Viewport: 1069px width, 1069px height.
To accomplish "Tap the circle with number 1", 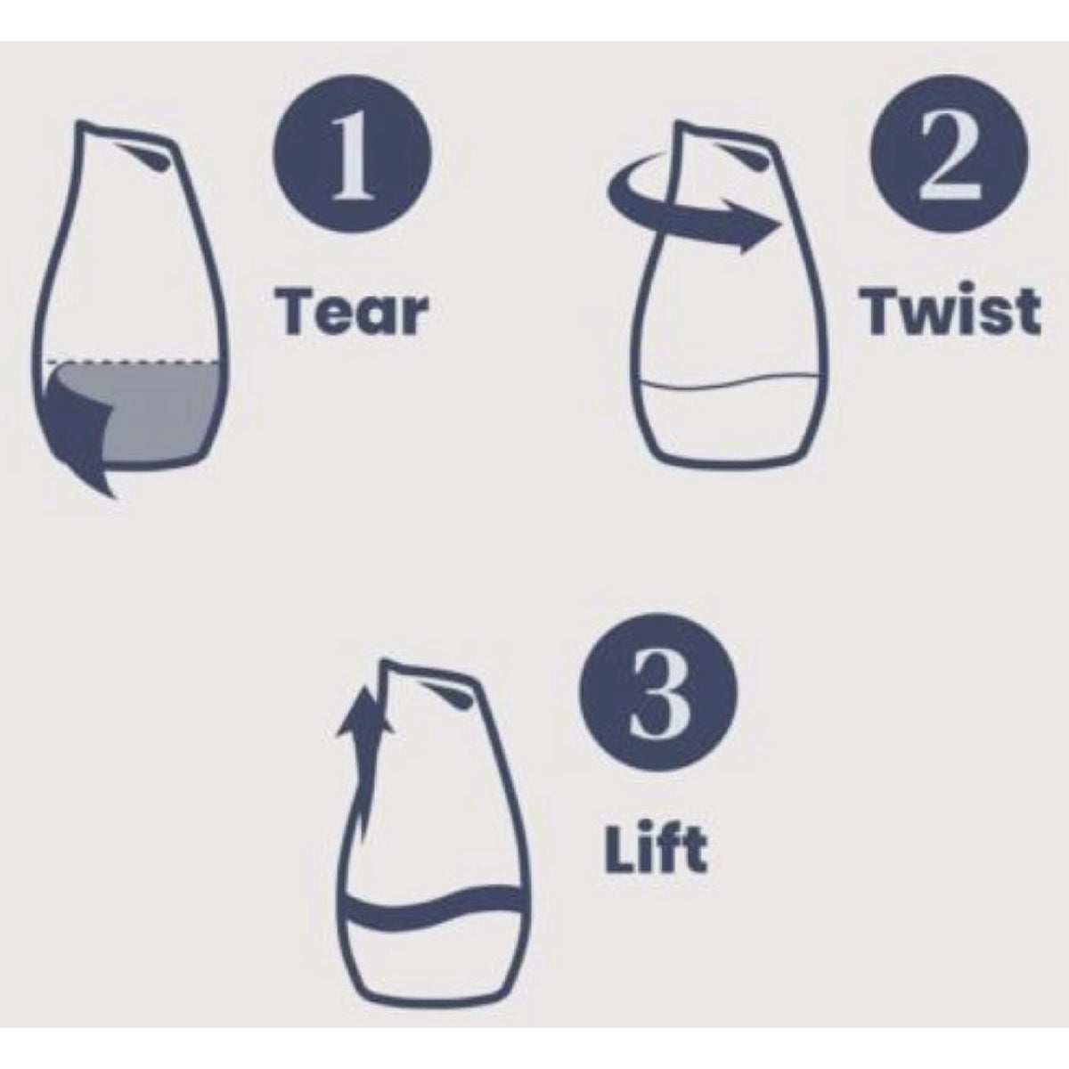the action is point(352,154).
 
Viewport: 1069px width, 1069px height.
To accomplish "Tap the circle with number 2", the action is point(949,154).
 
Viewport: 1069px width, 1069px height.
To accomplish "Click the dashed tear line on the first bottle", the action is point(133,363).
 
